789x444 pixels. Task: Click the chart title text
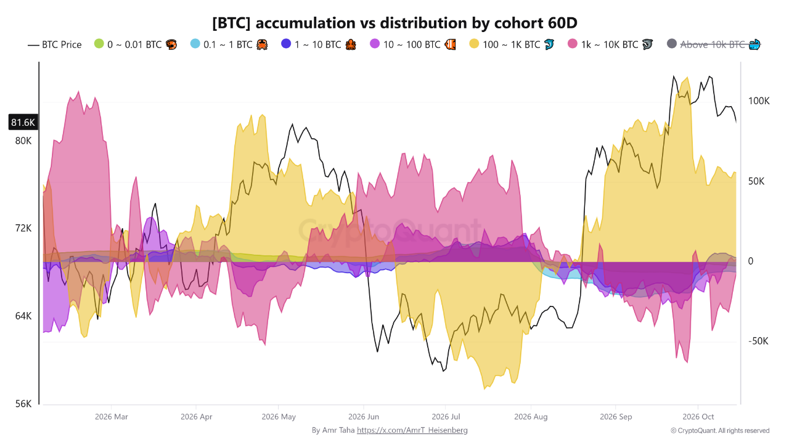coord(394,23)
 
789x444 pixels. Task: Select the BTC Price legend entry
coord(55,45)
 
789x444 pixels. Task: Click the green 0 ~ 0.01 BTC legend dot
coord(99,44)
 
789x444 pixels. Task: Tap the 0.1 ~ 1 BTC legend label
coord(228,45)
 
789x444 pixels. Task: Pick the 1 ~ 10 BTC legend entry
coord(319,45)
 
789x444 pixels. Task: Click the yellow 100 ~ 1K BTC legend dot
coord(474,44)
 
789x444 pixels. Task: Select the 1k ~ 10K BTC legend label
coord(610,45)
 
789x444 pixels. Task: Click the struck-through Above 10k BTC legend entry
coord(714,45)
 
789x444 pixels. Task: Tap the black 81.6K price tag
coord(23,122)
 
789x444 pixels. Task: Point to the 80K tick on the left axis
coord(23,141)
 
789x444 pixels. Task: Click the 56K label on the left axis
coord(23,404)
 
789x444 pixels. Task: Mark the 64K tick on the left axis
coord(23,316)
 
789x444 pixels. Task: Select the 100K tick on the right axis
coord(759,101)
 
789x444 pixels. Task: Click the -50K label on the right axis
coord(758,341)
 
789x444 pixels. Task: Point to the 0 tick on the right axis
coord(751,261)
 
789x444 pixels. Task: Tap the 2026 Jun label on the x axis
coord(364,417)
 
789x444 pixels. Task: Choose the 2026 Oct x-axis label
coord(698,417)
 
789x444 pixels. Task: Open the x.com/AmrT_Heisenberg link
coord(412,430)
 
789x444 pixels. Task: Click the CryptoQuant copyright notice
coord(720,430)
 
